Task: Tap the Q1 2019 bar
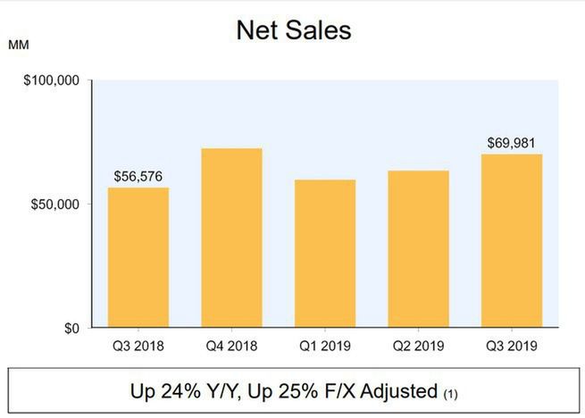coord(325,254)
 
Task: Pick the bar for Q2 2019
coord(418,249)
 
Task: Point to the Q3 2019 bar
coord(512,241)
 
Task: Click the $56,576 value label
coord(138,177)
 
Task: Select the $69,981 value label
coord(512,143)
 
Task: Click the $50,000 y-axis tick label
coord(55,205)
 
